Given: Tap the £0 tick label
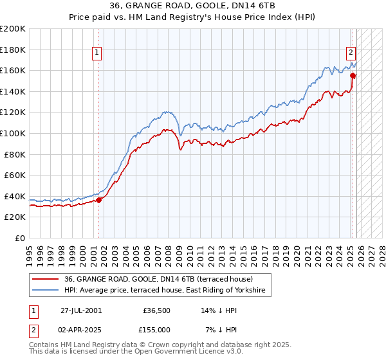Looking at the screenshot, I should click(21, 238).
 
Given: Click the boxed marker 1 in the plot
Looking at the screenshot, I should click(97, 53).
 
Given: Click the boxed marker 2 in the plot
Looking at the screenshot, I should click(351, 53).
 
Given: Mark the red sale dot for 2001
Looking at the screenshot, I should click(99, 200).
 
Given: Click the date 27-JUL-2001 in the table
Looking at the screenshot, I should click(80, 310).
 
